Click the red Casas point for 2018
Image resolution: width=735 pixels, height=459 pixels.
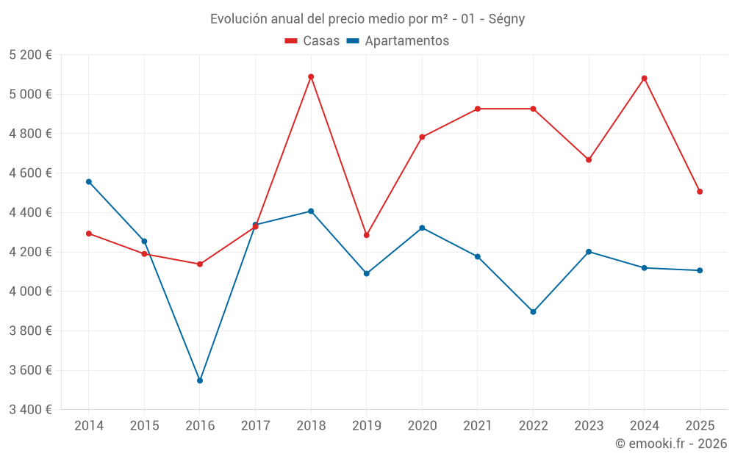point(311,76)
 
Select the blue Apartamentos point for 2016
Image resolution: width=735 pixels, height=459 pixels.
point(200,380)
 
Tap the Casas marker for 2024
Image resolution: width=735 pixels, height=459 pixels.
point(645,79)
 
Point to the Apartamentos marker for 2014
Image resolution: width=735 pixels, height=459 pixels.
point(89,181)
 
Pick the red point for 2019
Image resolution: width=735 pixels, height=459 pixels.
point(367,235)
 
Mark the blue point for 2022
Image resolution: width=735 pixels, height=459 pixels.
point(533,311)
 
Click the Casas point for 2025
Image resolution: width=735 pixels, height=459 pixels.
point(700,192)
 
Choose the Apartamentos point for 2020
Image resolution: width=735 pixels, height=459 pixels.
point(422,228)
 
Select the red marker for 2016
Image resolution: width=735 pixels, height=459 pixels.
point(200,264)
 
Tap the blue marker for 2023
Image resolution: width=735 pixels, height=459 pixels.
point(589,252)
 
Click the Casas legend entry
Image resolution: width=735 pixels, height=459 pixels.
point(312,41)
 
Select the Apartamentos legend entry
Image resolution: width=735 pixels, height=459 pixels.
point(398,41)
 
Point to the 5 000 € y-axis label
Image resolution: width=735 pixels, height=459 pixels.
point(30,94)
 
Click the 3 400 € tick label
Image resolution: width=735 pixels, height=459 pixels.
point(30,409)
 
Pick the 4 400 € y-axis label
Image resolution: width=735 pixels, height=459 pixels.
point(30,212)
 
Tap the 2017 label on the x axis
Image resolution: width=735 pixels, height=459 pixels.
point(255,425)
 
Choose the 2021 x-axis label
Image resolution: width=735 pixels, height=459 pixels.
point(478,425)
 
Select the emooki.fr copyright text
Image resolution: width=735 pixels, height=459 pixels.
point(671,444)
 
